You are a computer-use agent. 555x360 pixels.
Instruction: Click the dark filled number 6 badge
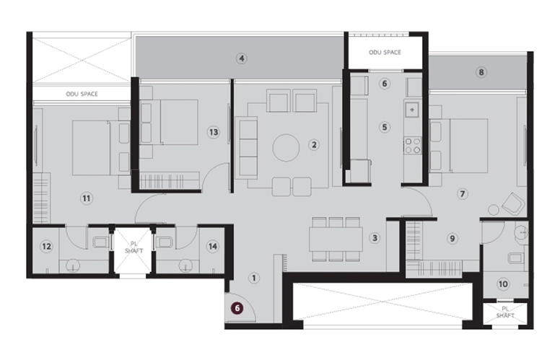click(237, 308)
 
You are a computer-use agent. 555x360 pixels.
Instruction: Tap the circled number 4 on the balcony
click(242, 58)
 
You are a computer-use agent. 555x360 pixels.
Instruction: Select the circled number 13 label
click(214, 133)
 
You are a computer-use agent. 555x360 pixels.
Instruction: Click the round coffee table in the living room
click(286, 148)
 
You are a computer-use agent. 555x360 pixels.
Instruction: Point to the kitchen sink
click(412, 110)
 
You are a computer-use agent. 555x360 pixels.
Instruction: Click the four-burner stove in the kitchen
click(412, 146)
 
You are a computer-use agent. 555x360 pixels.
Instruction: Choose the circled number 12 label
click(46, 246)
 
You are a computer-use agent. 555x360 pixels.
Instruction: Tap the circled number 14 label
click(213, 246)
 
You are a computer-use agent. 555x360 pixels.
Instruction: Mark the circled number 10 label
click(503, 284)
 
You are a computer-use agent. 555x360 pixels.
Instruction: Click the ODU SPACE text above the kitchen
click(385, 53)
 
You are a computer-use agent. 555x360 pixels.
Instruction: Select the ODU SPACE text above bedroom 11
click(82, 94)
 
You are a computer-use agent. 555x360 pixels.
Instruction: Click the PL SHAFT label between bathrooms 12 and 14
click(134, 247)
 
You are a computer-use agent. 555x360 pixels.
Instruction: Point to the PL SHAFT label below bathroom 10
click(505, 312)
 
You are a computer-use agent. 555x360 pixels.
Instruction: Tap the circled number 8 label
click(481, 72)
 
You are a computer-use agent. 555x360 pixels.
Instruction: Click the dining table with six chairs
click(336, 240)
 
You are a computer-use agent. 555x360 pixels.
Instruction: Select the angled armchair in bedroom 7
click(513, 204)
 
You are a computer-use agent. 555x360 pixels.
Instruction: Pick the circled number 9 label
click(452, 239)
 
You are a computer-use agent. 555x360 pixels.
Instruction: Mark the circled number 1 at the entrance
click(254, 278)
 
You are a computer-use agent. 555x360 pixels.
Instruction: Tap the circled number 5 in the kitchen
click(385, 128)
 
